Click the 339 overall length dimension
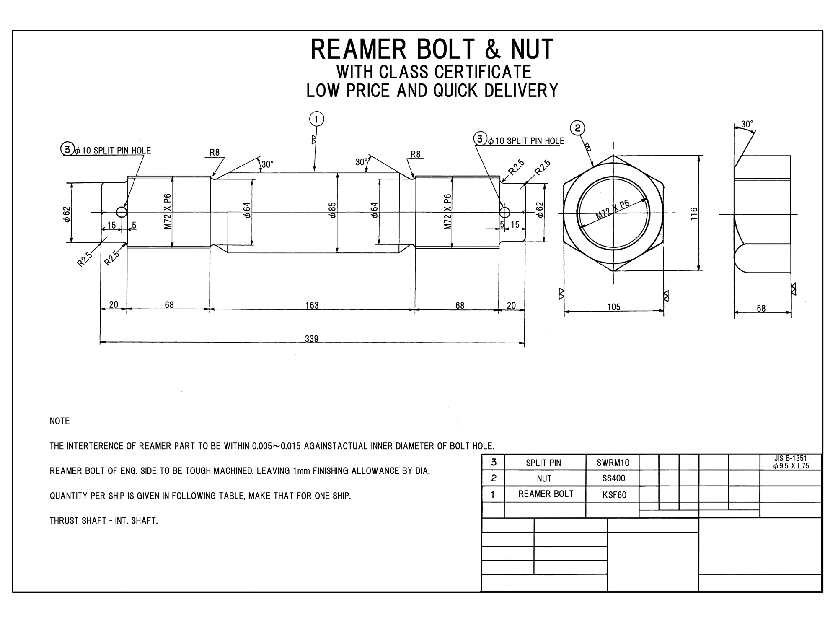[312, 338]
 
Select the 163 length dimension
[312, 305]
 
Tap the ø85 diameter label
[332, 210]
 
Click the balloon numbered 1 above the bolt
[316, 119]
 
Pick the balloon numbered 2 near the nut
[578, 128]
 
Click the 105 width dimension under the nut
[614, 307]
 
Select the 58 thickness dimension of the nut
[761, 308]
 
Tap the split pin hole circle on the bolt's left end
[122, 212]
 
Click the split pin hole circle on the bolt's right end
[505, 212]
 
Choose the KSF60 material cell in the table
[614, 495]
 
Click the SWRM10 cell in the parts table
[613, 463]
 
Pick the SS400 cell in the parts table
[613, 478]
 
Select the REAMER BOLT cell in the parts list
[546, 494]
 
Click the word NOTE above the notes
[59, 421]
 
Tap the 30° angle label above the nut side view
[747, 124]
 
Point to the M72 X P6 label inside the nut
[613, 211]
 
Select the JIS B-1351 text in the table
[791, 459]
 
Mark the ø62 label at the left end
[67, 213]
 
